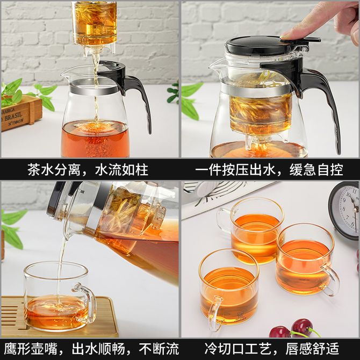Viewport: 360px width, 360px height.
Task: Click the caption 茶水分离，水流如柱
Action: [x=88, y=169]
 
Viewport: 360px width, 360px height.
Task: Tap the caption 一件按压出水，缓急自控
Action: [x=269, y=169]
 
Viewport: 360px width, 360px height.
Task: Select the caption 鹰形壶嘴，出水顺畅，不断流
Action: [x=91, y=349]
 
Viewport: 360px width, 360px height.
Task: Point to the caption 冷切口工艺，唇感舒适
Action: [x=271, y=349]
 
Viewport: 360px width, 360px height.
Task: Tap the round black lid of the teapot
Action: [x=255, y=45]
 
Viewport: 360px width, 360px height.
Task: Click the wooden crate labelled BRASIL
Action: [x=20, y=113]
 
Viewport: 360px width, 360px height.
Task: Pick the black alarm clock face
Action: [x=349, y=210]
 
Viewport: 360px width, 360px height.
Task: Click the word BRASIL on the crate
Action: [x=14, y=117]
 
